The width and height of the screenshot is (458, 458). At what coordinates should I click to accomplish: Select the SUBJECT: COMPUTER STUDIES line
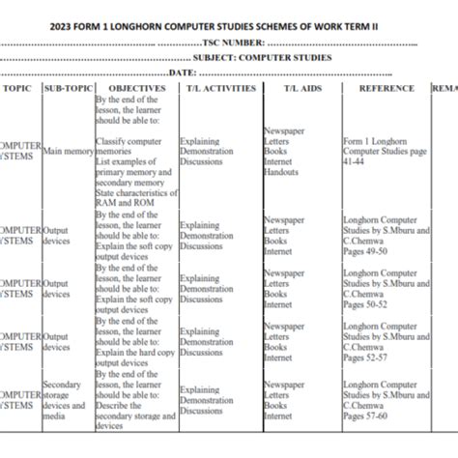261,58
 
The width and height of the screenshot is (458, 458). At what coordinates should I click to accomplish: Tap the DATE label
183,72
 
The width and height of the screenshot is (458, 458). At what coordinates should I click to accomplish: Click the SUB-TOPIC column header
68,89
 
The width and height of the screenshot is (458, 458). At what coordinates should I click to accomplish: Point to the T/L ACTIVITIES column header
219,89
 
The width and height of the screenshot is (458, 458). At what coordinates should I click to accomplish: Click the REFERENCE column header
386,89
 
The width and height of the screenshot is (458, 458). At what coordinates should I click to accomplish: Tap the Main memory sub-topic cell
68,152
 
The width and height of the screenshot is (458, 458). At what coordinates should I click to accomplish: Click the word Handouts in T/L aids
281,172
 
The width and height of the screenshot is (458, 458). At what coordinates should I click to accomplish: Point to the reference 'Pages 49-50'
365,251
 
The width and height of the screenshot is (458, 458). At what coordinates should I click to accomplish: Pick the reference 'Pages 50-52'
365,304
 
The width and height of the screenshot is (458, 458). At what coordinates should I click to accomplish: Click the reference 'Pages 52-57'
365,358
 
